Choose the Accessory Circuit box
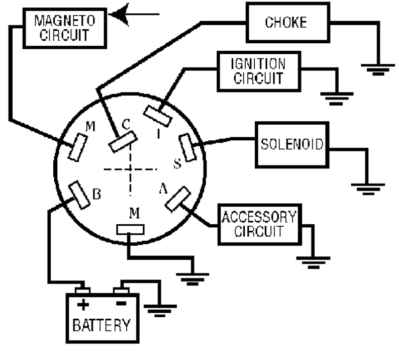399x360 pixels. (258, 224)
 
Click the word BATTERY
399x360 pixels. (102, 324)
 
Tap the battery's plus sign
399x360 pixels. (82, 304)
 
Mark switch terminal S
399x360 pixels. (187, 147)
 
